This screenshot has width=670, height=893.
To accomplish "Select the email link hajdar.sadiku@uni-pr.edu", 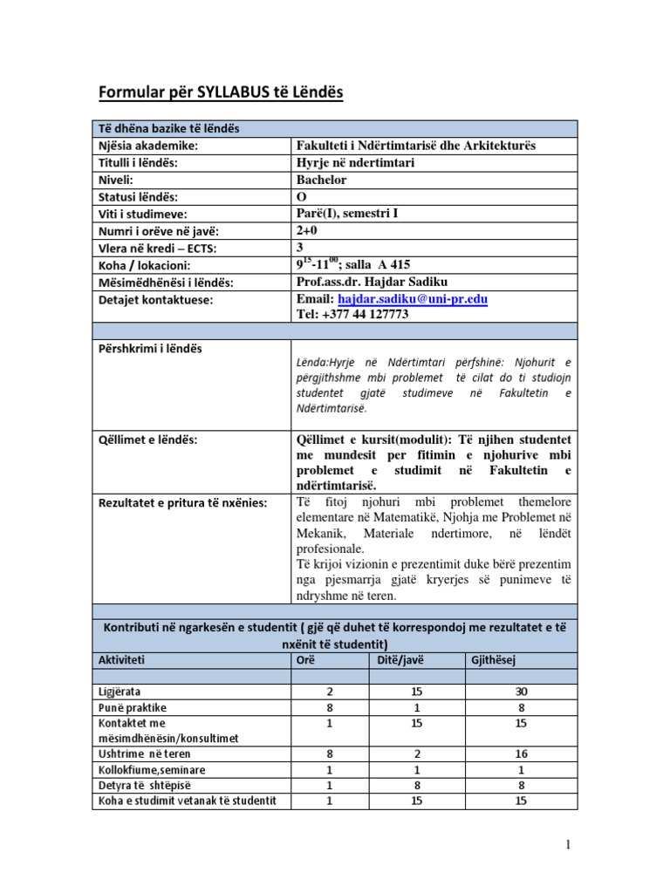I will click(x=412, y=299).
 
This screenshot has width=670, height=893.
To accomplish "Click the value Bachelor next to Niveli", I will click(x=322, y=180).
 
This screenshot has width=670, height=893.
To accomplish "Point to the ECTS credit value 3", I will click(x=301, y=248).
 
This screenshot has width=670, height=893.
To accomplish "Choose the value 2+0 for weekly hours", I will click(x=309, y=230).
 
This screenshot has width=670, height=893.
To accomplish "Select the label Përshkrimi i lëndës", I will click(x=151, y=348).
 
